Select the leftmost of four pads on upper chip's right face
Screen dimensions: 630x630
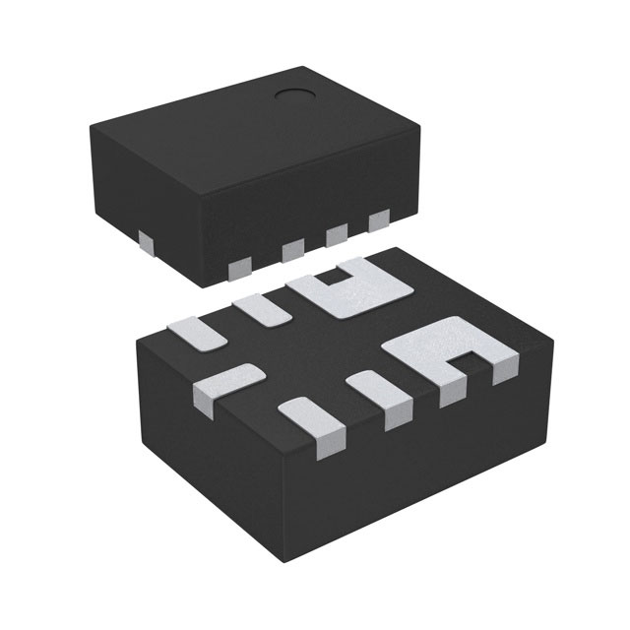238,266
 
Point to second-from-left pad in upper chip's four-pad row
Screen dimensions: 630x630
293,252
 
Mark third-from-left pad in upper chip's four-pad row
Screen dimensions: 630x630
336,236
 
